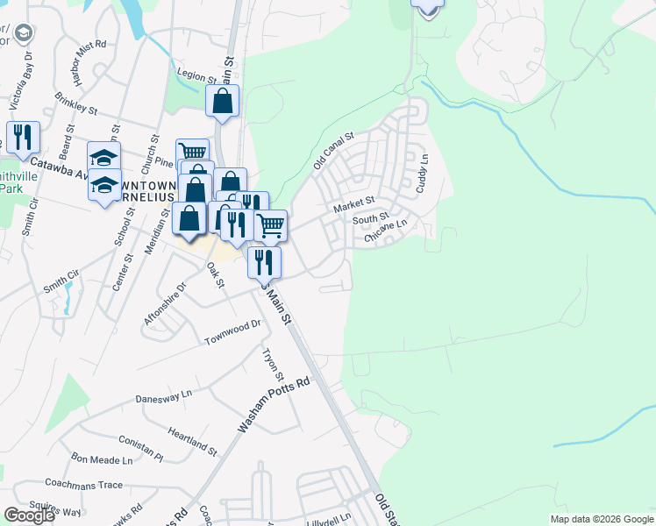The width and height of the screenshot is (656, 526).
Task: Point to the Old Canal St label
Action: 333,150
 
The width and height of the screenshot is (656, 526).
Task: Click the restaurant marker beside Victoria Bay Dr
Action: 23,136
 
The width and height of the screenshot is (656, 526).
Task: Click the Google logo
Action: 29,515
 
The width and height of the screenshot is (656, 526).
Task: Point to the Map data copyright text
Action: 602,519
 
